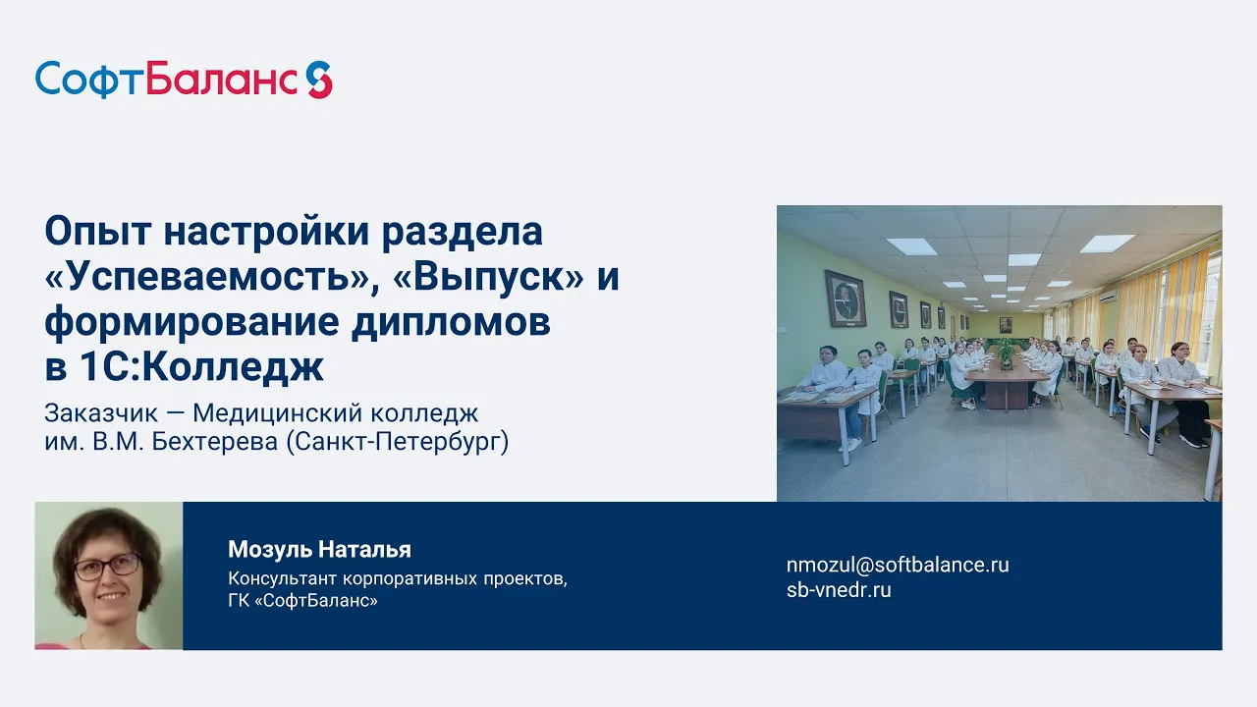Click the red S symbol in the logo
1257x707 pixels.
[x=319, y=81]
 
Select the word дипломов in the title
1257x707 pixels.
[x=451, y=322]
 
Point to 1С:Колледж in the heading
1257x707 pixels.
[x=202, y=367]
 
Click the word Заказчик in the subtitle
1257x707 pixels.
[x=101, y=413]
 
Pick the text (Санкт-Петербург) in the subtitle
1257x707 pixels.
[x=398, y=442]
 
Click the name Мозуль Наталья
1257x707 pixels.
[x=319, y=549]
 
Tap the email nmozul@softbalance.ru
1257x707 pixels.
[x=898, y=565]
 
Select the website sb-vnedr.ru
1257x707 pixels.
[x=839, y=590]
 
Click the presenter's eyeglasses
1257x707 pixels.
[x=107, y=567]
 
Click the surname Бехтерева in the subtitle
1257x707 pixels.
[x=214, y=442]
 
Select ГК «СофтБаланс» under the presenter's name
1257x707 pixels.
[x=302, y=601]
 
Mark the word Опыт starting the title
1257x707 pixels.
[x=97, y=231]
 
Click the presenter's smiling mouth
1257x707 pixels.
[x=112, y=597]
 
